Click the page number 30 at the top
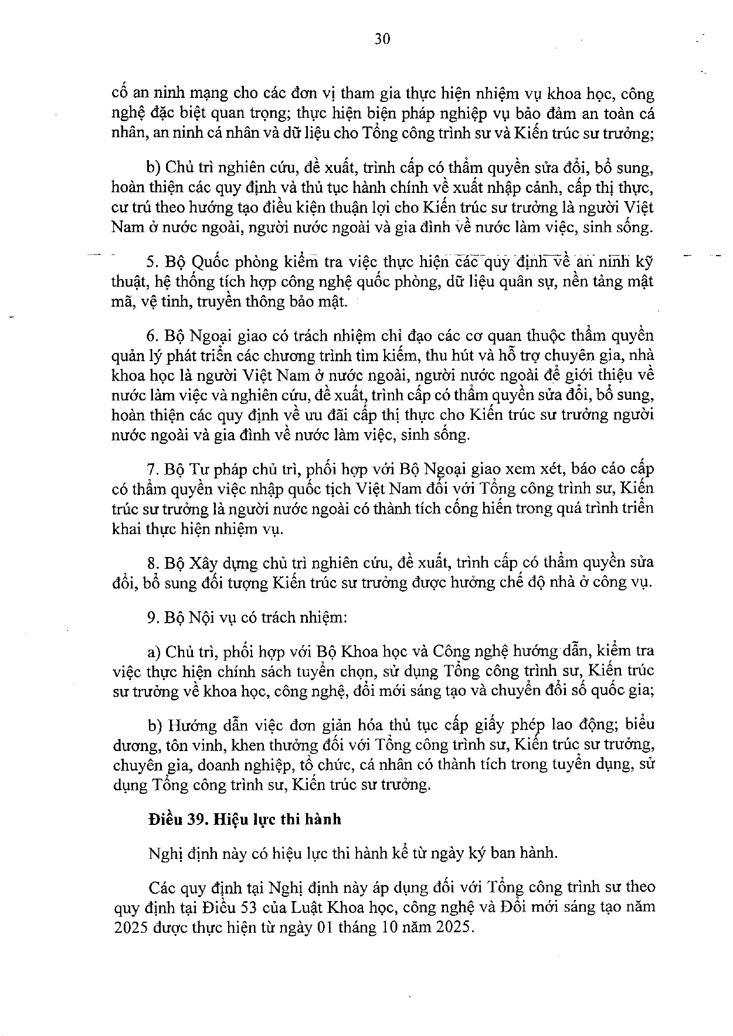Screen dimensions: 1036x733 click(x=381, y=39)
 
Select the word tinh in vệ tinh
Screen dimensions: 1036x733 click(x=173, y=301)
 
